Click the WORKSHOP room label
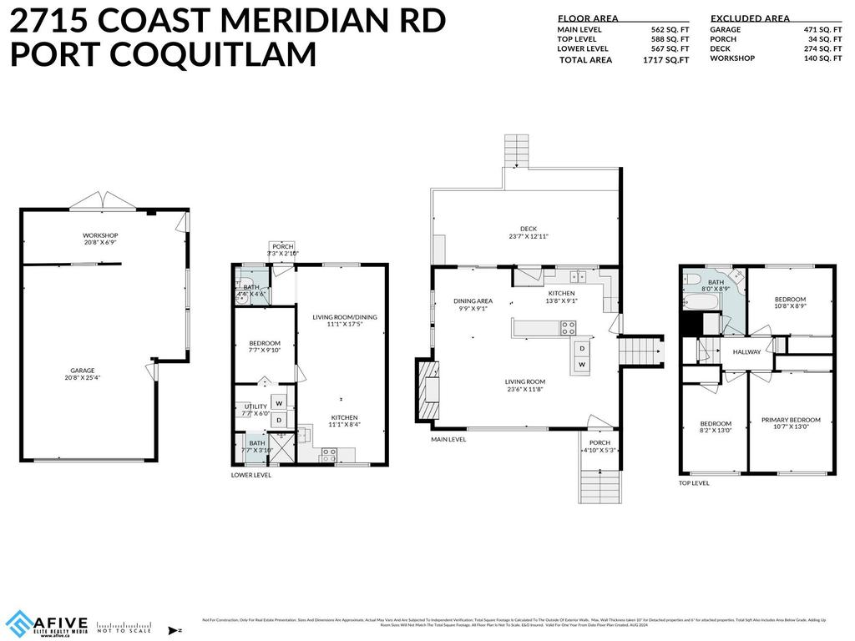[99, 235]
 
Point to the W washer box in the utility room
[279, 403]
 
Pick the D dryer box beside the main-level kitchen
[582, 348]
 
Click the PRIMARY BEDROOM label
[791, 420]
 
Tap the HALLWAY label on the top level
[746, 352]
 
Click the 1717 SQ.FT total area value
[665, 60]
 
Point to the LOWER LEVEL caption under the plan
[251, 475]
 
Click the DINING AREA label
[473, 301]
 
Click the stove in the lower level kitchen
[330, 456]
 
